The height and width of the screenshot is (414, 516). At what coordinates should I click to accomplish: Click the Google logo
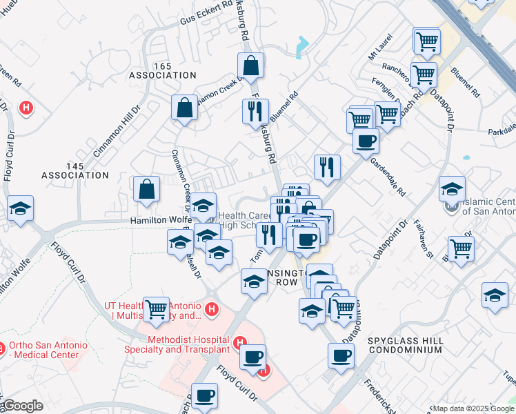coord(22,406)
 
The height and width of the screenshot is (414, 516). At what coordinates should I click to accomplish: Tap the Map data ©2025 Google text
coord(473,408)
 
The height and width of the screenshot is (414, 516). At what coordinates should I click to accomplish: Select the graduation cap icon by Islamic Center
coord(452,188)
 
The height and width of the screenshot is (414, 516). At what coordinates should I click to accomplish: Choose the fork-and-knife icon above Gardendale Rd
coord(327,166)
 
